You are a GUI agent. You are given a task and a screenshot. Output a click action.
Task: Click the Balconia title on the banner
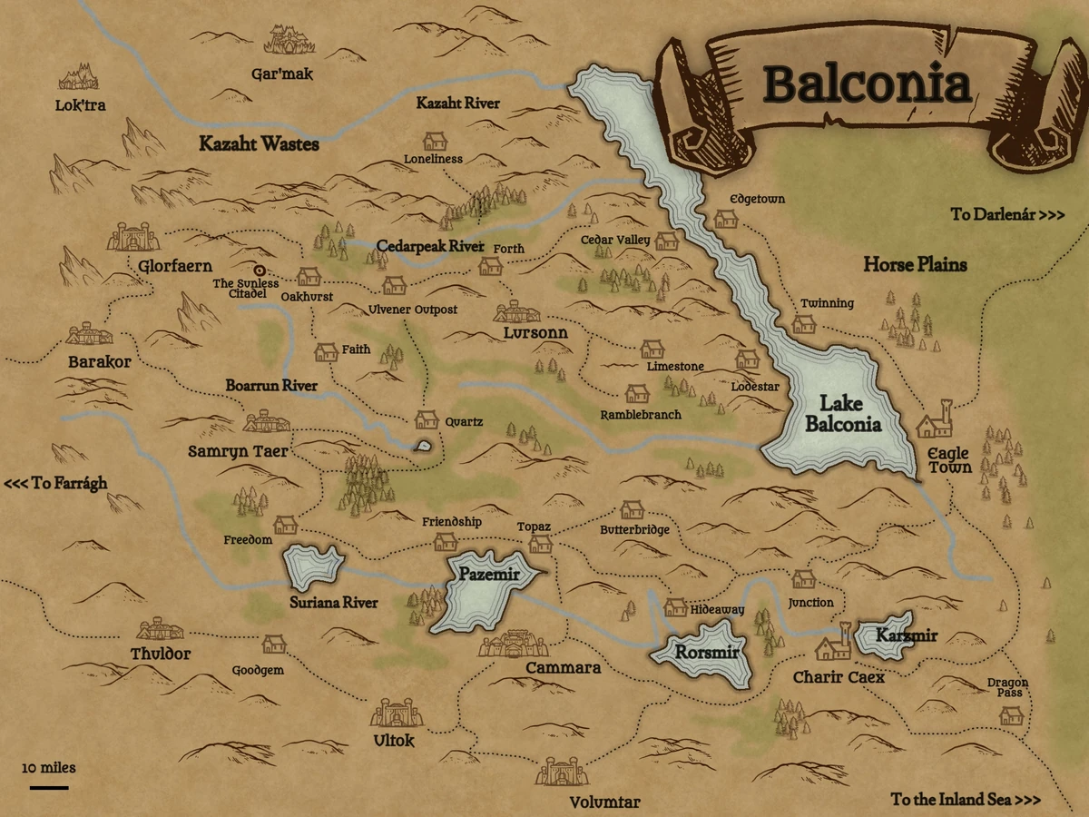tap(867, 84)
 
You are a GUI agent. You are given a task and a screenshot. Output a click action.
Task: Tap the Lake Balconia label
tap(843, 414)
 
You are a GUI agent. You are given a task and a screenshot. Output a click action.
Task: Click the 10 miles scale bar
tap(48, 786)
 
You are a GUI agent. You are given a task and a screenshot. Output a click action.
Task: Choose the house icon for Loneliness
tap(435, 141)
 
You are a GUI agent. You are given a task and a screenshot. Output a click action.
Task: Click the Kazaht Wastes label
tap(259, 143)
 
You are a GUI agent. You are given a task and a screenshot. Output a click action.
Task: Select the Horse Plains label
tap(914, 265)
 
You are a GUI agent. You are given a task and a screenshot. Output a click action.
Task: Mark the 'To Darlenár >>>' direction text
tap(1007, 215)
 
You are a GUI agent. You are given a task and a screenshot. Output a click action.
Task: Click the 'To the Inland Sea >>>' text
tap(965, 800)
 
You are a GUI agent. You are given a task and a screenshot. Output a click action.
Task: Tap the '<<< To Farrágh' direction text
tap(55, 483)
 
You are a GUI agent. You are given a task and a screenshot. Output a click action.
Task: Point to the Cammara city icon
tap(514, 645)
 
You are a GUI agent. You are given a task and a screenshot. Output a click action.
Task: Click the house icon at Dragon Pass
tap(1011, 715)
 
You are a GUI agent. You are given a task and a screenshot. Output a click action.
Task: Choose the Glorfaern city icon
tap(133, 237)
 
